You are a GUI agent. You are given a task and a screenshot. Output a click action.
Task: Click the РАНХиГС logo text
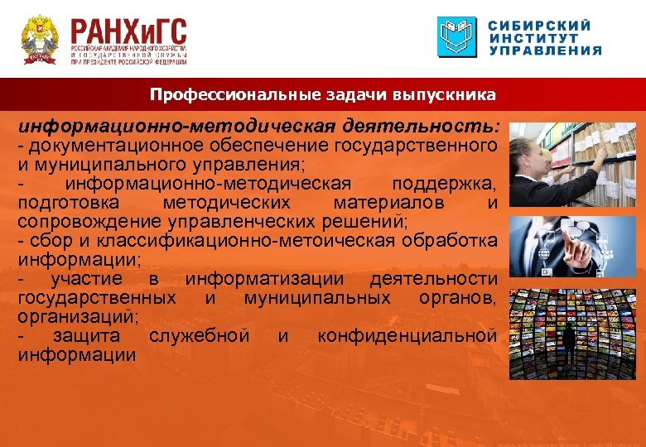click(x=128, y=32)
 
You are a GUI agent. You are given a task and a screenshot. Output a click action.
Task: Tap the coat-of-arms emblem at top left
click(x=38, y=39)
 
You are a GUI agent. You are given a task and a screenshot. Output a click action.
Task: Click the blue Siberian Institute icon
click(x=457, y=37)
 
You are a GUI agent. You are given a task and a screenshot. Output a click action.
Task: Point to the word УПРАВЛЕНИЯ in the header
click(x=545, y=50)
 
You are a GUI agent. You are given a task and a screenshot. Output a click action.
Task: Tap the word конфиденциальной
click(x=407, y=336)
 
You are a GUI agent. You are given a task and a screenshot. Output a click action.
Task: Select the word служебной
click(x=200, y=336)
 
